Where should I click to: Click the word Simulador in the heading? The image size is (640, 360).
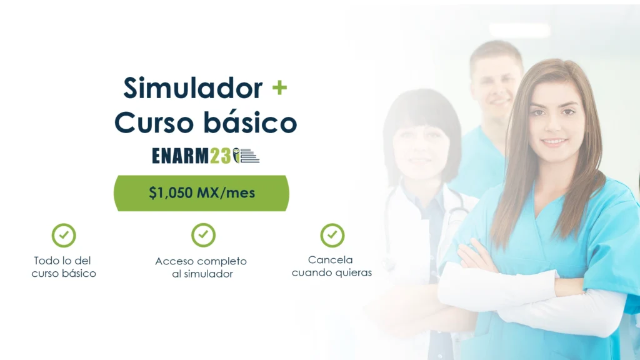coord(193,88)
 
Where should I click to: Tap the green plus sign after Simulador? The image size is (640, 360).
coord(279,87)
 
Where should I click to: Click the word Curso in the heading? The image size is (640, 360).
coord(154,122)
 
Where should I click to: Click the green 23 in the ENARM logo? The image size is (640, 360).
coord(221,156)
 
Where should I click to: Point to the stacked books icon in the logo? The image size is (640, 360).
coord(249,156)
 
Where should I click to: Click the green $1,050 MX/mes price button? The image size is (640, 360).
coord(201,193)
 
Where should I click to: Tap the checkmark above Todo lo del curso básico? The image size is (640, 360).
coord(64,235)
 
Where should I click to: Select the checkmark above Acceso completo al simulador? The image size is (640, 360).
coord(203,235)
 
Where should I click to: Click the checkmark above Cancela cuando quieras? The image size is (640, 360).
coord(332,235)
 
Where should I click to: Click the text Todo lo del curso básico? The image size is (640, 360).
coord(63,267)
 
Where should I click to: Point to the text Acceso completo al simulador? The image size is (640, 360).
coord(201,267)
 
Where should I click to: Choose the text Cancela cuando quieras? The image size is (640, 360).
coord(331,266)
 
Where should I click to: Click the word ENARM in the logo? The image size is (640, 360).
coord(180,156)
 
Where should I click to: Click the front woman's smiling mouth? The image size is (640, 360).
coord(554,142)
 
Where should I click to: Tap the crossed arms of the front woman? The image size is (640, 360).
coord(531,290)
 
